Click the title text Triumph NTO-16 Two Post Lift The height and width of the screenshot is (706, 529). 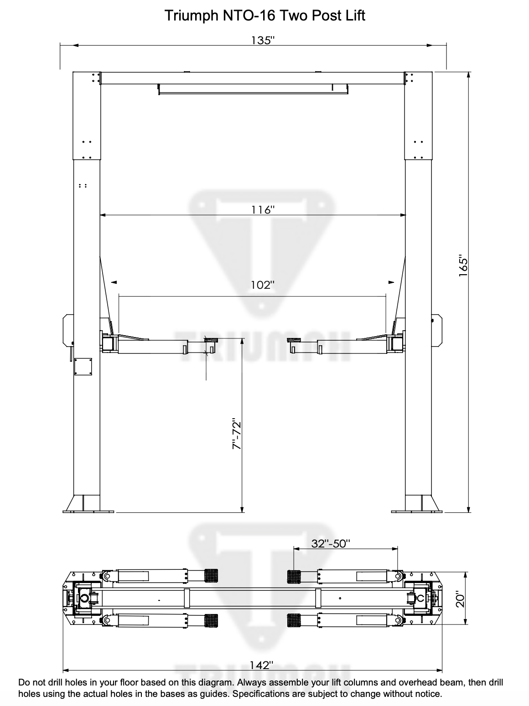pos(264,16)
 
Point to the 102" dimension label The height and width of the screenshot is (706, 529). pos(263,285)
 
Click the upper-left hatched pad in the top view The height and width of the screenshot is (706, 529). pos(211,576)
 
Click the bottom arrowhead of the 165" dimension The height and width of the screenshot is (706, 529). pos(468,509)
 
